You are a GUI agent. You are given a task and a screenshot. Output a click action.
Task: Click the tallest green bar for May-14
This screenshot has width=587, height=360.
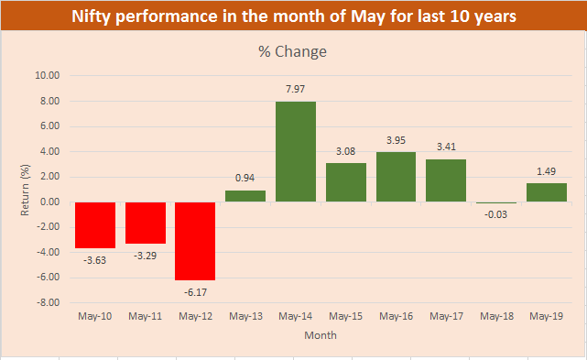296,151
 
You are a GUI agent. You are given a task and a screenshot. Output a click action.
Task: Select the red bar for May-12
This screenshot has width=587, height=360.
195,240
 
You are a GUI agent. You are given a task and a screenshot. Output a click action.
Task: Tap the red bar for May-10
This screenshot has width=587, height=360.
94,224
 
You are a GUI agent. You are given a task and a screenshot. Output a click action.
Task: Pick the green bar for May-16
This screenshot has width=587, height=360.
396,177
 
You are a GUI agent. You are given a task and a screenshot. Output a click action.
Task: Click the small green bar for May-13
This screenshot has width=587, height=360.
245,196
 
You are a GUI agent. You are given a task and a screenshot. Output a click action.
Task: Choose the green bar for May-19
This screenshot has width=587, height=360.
547,192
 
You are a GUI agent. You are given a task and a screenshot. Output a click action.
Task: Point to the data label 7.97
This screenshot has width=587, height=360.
296,89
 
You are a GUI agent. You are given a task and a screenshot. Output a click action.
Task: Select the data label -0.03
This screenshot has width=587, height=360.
496,214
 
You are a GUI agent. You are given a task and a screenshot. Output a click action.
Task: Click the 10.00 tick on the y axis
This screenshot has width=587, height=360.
48,76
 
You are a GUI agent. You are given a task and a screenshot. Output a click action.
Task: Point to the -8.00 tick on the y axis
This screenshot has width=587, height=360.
48,302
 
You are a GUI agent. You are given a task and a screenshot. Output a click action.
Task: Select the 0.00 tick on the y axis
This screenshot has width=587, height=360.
49,202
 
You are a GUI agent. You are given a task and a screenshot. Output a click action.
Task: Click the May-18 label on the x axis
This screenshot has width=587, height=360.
496,316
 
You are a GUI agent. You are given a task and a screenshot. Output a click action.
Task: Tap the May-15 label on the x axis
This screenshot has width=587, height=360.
346,316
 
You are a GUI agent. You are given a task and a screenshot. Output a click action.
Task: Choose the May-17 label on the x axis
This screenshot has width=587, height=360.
446,316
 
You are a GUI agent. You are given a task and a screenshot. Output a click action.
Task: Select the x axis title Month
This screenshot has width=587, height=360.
321,335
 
